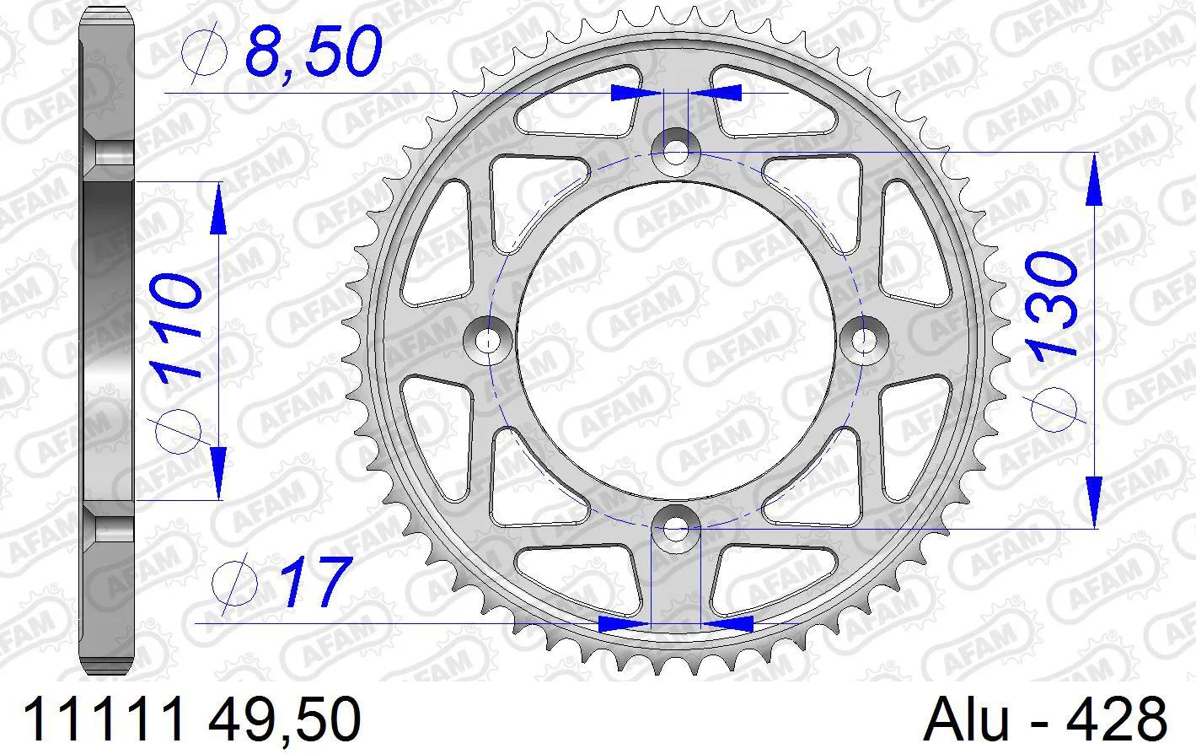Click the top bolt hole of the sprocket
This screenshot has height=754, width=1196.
(676, 153)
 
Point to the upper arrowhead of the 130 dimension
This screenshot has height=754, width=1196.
(1093, 181)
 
